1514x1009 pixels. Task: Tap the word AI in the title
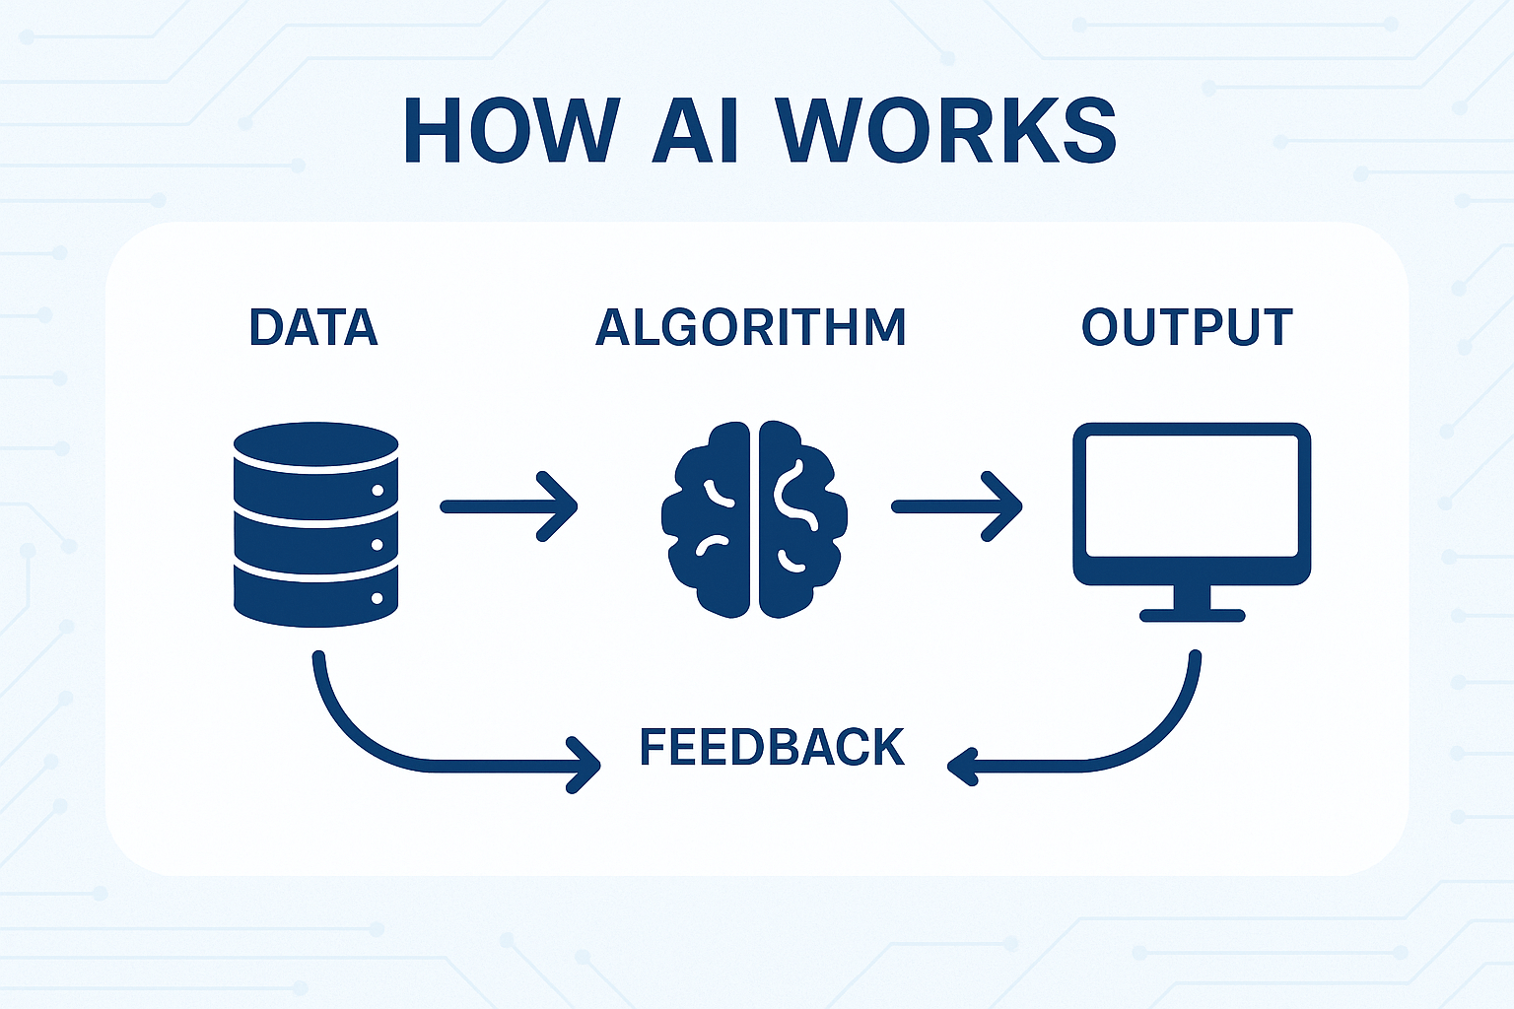pos(696,131)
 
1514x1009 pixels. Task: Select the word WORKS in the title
pos(946,131)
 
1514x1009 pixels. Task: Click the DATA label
pos(313,328)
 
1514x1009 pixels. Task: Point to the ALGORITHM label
pos(751,328)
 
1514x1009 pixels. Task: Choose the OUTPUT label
pos(1187,328)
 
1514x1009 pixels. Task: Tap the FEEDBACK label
pos(772,748)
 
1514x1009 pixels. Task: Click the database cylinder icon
pos(315,524)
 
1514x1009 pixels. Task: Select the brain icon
pos(755,519)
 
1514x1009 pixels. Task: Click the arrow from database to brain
pos(509,506)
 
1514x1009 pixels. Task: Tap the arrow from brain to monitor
pos(956,506)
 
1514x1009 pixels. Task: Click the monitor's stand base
pos(1192,616)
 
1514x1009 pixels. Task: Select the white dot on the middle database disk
pos(377,544)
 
